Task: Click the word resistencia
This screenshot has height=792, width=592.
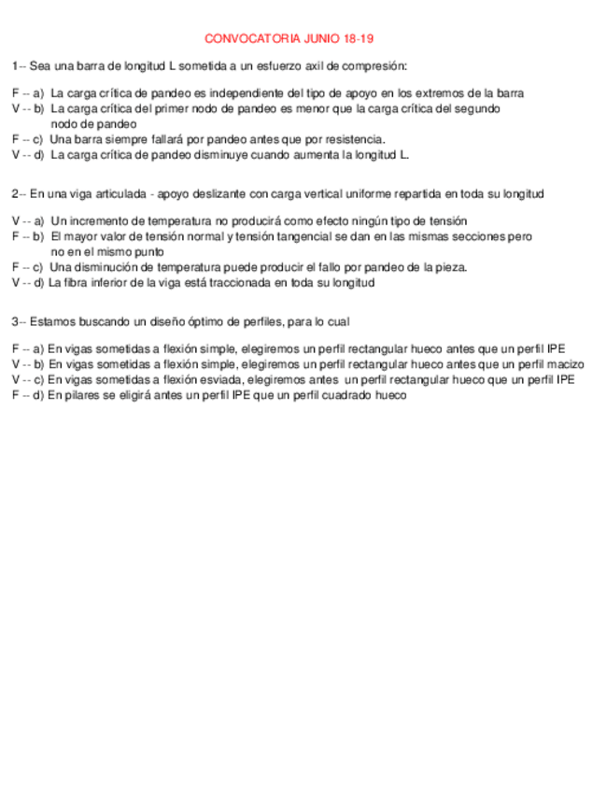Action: coord(348,139)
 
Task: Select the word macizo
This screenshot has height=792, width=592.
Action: coord(565,364)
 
